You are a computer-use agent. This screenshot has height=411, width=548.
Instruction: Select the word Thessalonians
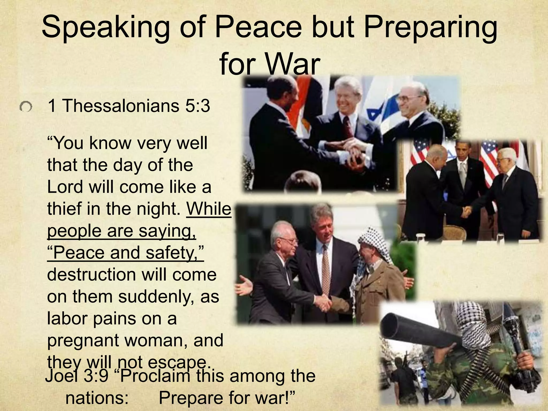pos(121,106)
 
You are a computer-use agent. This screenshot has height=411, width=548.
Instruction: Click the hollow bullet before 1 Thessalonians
pos(26,108)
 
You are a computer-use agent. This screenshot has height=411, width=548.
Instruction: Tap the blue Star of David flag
pos(380,112)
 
